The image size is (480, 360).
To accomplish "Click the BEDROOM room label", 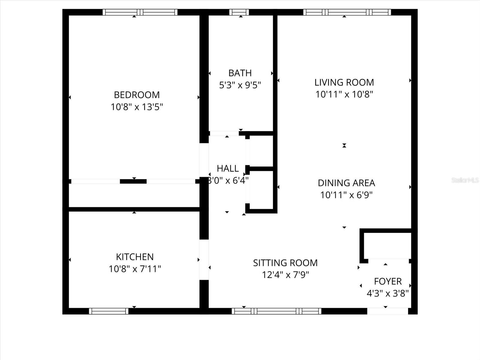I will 137,95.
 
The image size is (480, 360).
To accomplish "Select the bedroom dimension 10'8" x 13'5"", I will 137,107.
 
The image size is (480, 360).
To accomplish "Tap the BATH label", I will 240,73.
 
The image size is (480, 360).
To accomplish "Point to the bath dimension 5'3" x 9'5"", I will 240,85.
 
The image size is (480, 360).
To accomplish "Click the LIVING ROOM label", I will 344,82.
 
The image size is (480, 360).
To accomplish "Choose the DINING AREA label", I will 346,183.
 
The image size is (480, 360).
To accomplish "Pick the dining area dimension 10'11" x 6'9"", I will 346,195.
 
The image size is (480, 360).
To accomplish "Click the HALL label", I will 228,168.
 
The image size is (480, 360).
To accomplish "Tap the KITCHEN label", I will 135,257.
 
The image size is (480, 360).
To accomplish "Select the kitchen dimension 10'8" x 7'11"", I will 135,269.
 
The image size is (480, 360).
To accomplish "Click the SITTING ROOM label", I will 285,263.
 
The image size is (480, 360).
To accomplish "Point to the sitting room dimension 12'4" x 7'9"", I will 285,275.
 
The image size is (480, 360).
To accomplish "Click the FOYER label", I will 388,281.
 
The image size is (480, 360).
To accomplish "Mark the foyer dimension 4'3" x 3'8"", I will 388,293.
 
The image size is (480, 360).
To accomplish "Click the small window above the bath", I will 239,12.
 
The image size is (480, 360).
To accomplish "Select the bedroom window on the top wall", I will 140,12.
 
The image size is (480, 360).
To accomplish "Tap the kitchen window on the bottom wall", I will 109,311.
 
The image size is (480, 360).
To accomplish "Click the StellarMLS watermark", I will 465,180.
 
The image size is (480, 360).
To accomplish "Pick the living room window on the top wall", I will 347,12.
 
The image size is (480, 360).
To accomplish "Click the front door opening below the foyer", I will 387,311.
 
